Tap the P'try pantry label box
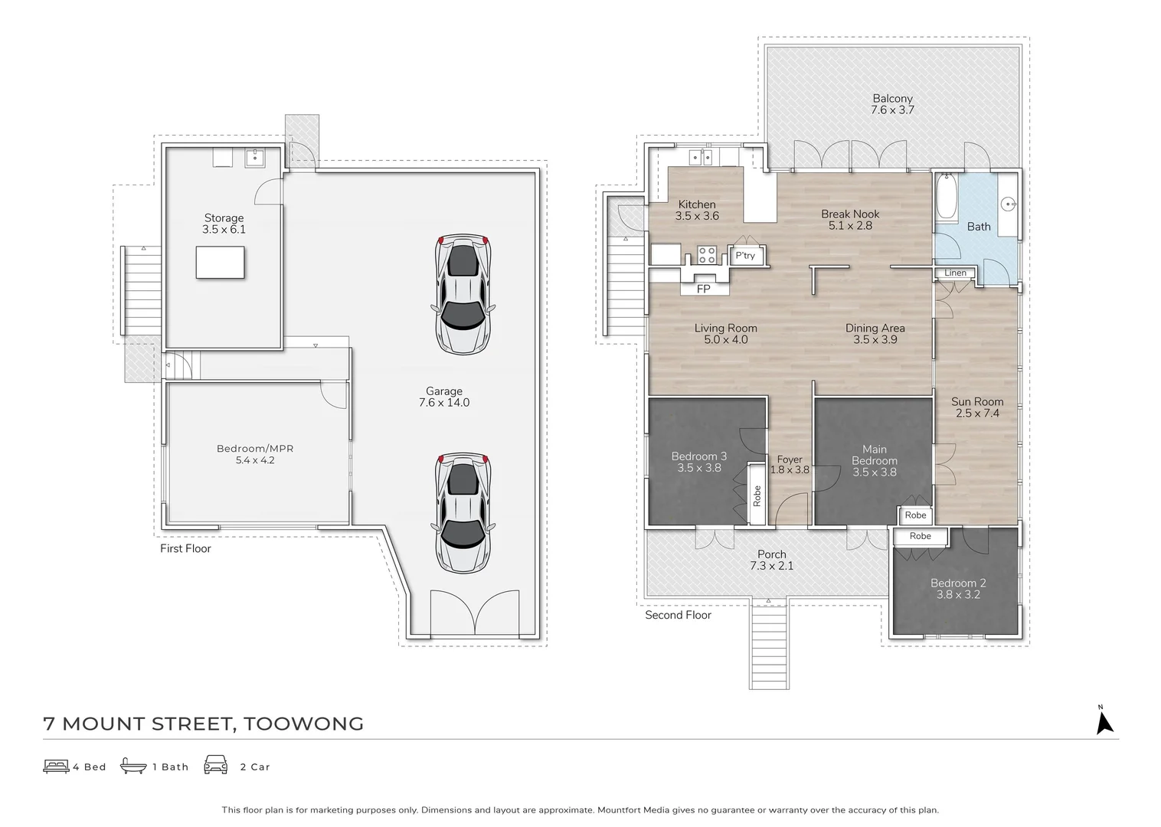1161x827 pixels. pos(745,256)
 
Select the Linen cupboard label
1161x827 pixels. pos(955,273)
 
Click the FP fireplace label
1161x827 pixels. pos(703,289)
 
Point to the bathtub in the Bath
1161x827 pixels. pos(947,198)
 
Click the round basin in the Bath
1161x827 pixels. pos(1008,204)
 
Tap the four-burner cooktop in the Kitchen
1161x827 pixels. pos(706,255)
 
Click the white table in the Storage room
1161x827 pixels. pos(221,263)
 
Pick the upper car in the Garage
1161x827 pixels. pos(463,294)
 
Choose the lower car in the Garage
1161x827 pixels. pos(463,513)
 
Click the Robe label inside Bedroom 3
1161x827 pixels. pos(757,496)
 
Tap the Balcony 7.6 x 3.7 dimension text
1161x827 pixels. pos(892,110)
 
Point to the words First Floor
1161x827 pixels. pos(185,549)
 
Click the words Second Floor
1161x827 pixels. pos(678,615)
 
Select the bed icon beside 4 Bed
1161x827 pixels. pos(56,767)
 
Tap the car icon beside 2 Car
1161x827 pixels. pos(216,765)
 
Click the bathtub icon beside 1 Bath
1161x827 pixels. pos(133,765)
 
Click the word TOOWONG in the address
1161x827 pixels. pos(304,724)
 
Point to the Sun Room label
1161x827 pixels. pos(977,401)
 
